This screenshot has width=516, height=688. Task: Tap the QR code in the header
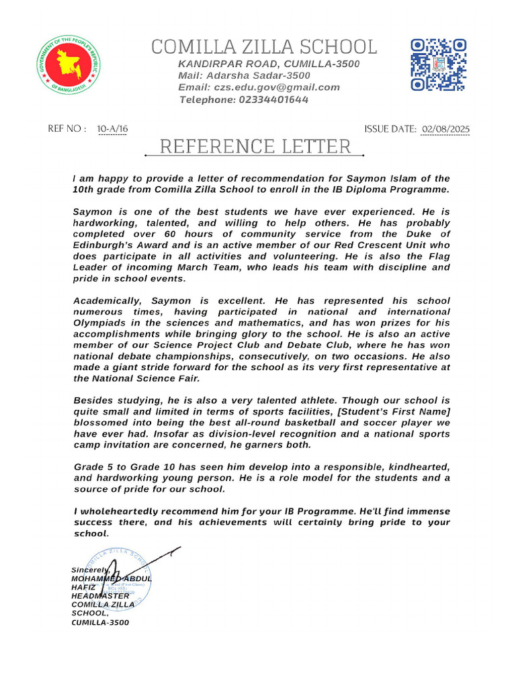tap(438, 64)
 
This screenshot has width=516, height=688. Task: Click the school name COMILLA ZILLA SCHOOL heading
tap(264, 47)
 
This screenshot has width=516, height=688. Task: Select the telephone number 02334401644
tap(273, 99)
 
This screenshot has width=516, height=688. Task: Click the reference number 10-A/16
tap(112, 129)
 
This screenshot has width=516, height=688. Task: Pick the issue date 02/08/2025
tap(445, 129)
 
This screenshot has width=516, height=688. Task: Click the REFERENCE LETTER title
tap(255, 146)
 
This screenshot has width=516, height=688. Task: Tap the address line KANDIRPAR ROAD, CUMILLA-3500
tap(269, 64)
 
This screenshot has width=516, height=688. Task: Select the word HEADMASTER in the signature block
tap(100, 596)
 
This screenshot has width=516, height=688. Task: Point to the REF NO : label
tap(67, 129)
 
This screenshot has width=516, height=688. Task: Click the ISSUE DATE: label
tap(390, 129)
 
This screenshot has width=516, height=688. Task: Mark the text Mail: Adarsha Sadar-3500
tap(244, 76)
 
